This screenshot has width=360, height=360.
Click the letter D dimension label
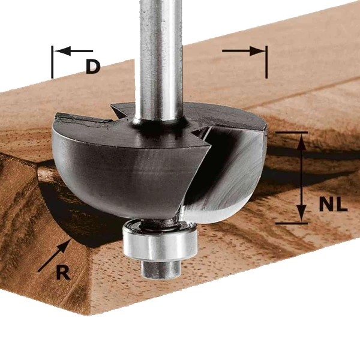pos(92,67)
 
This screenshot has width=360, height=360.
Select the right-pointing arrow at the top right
pos(244,51)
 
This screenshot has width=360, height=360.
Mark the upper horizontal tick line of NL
pos(292,133)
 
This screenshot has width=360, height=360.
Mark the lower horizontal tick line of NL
pos(292,223)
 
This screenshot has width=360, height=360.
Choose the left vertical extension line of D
pos(53,62)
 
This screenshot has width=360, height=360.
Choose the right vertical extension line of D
pos(266,62)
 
